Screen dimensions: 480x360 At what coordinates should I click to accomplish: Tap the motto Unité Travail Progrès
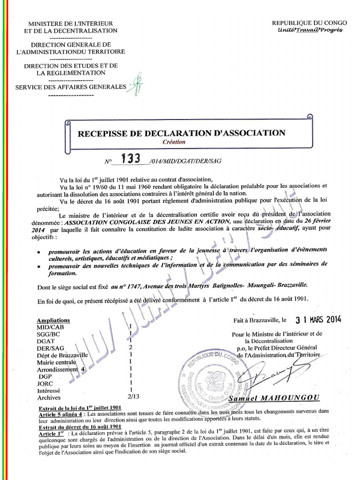click(310, 30)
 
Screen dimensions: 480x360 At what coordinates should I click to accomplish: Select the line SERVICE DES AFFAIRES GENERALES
click(71, 87)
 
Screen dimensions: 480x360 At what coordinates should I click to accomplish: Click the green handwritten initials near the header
click(136, 82)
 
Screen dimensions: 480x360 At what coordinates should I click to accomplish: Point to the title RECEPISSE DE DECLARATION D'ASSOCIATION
click(181, 133)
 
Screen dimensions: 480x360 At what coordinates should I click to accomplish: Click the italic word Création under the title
click(174, 142)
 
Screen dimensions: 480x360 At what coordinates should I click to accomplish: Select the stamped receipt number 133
click(131, 159)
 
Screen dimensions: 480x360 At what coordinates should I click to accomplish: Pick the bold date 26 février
click(315, 221)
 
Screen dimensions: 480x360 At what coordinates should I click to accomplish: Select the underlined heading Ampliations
click(53, 321)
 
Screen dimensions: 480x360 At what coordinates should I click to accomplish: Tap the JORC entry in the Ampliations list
click(45, 382)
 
